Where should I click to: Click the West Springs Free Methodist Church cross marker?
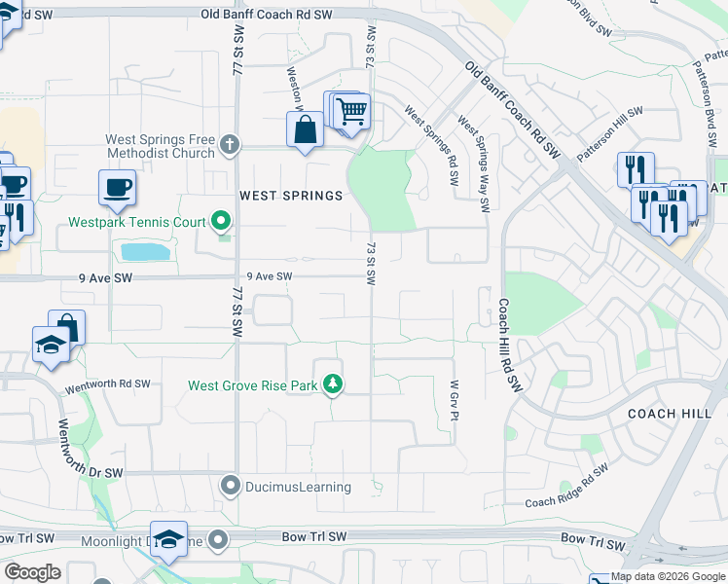(229, 145)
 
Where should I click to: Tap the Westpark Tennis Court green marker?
(221, 222)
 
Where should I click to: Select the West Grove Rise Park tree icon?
(333, 385)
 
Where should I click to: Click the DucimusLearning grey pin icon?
(231, 484)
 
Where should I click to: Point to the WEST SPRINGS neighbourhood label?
(291, 196)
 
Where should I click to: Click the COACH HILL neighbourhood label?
(671, 414)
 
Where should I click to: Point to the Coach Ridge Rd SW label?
(566, 487)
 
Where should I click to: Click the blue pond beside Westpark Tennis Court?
(145, 252)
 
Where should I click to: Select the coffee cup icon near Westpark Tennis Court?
(117, 187)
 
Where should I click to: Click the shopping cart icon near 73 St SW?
(351, 110)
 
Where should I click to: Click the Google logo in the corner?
(32, 572)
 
